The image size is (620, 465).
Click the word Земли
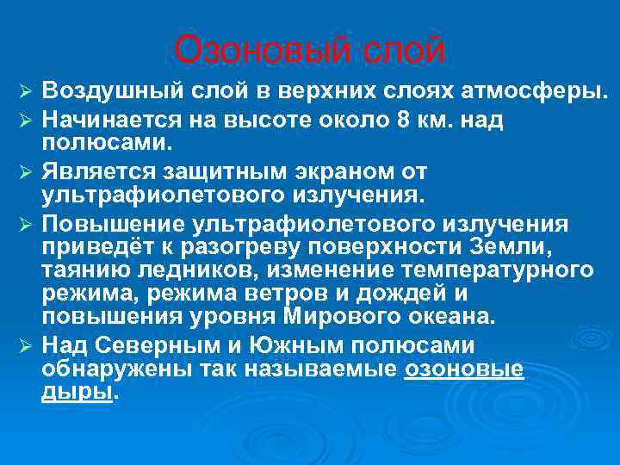point(517,247)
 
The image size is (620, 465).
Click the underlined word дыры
point(77,392)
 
